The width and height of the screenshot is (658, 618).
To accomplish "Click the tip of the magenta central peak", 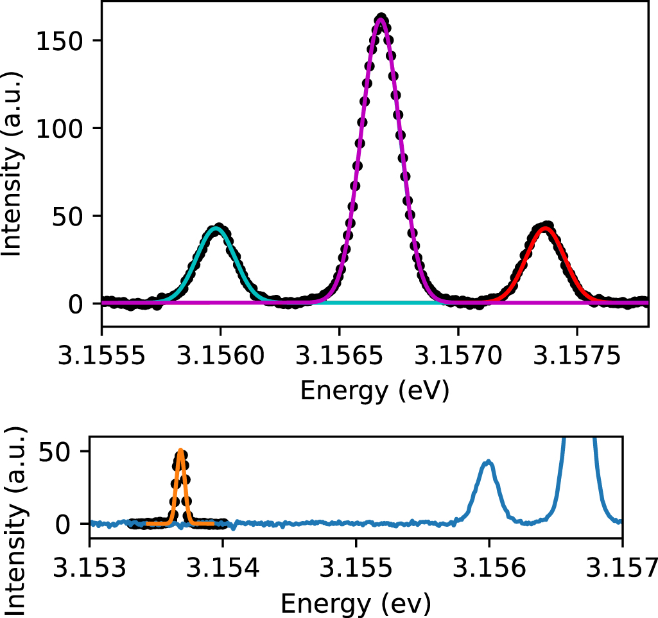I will click(x=381, y=19).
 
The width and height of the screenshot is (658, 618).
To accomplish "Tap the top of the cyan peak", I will click(x=218, y=229).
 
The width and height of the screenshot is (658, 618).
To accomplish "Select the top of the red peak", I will click(x=545, y=228).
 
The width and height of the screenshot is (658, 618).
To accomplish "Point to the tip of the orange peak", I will click(x=181, y=450).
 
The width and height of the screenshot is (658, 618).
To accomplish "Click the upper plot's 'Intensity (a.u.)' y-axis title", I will click(x=13, y=164).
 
